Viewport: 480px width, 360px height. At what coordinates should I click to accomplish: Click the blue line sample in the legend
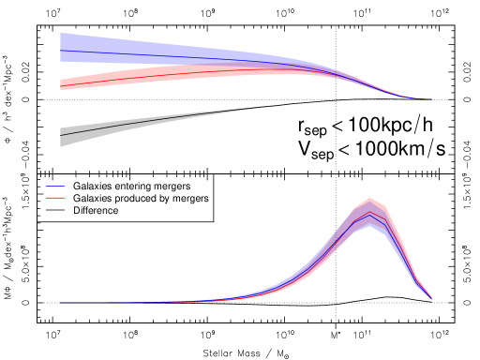coord(54,187)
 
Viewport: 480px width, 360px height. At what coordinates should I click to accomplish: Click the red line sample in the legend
coord(54,198)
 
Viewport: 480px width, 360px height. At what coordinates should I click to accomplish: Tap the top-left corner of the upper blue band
coord(61,33)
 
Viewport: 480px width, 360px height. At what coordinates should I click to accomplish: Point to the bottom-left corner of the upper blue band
coord(61,62)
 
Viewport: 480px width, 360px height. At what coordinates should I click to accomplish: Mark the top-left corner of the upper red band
coord(61,80)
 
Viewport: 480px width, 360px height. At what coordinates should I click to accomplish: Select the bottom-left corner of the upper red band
coord(61,91)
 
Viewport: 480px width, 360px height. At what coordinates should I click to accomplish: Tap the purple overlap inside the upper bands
coord(281,67)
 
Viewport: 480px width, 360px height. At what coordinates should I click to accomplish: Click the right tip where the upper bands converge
coord(431,98)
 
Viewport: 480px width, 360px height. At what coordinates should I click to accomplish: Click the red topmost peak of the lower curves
coord(370,199)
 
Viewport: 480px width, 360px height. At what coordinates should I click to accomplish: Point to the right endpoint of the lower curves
coord(431,298)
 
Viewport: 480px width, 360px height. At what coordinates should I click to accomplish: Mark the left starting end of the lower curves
coord(61,302)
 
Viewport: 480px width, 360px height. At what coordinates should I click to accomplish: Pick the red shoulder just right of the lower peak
coord(384,207)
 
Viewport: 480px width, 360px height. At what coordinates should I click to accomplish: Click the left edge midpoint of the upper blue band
coord(61,47)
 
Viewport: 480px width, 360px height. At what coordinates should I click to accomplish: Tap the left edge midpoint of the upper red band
coord(61,85)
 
